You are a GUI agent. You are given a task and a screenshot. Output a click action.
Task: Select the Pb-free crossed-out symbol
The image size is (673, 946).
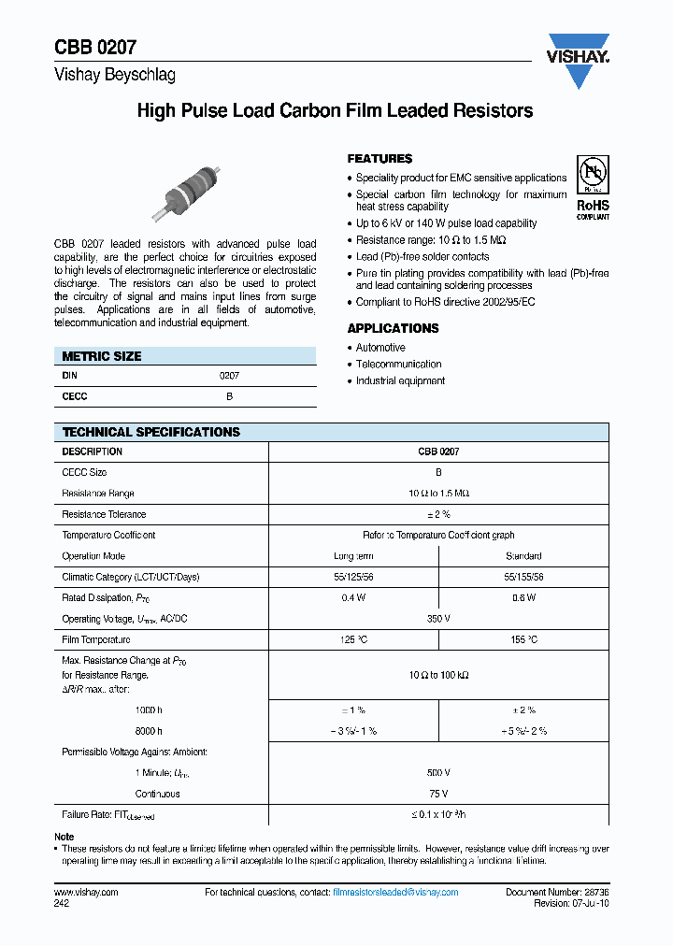[x=593, y=175]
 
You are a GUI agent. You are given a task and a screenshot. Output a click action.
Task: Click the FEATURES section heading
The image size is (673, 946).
[x=379, y=159]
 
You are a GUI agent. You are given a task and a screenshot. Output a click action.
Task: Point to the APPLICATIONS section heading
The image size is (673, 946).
[x=393, y=328]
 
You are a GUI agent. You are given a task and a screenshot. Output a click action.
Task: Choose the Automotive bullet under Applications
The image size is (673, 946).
[x=380, y=347]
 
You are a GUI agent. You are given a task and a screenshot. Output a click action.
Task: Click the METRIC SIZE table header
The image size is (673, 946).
[x=102, y=356]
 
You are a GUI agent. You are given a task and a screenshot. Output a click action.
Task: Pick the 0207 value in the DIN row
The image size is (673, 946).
[x=229, y=375]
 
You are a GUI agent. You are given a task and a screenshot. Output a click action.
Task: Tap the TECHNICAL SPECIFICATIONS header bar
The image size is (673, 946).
[x=150, y=432]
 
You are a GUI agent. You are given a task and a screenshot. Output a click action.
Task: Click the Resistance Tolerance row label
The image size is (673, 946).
[x=104, y=514]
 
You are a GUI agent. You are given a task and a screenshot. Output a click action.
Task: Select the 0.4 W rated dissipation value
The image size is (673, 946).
[x=353, y=598]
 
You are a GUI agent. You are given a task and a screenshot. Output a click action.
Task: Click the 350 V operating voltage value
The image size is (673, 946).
[x=438, y=619]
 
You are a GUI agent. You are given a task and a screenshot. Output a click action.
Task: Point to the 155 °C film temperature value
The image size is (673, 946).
[x=523, y=640]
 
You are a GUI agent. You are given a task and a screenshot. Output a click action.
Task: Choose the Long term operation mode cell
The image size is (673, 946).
[x=353, y=556]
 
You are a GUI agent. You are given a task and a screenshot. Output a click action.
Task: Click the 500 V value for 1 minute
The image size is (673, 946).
[x=438, y=773]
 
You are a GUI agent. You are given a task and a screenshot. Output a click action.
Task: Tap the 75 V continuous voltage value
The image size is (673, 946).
[x=438, y=794]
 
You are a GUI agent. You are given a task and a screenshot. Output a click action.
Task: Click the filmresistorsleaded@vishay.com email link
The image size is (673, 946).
[x=395, y=893]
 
